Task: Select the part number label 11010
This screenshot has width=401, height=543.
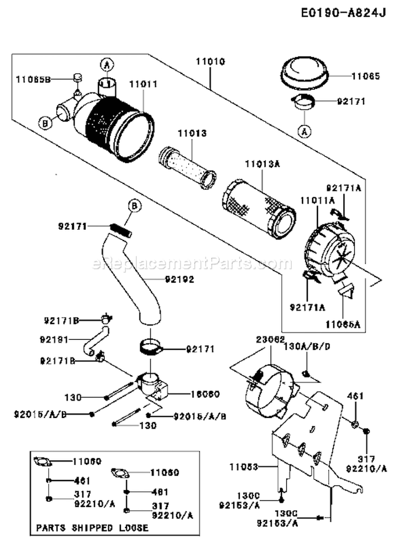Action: [210, 61]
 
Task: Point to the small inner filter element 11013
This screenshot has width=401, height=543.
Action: [187, 168]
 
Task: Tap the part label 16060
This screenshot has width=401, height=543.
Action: [203, 394]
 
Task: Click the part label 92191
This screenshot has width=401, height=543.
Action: [55, 339]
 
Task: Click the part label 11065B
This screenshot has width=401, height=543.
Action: [33, 79]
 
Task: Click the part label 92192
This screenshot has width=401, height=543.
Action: [180, 278]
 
